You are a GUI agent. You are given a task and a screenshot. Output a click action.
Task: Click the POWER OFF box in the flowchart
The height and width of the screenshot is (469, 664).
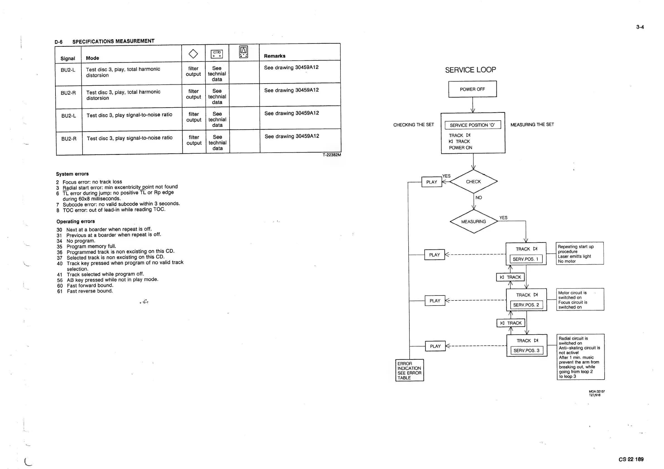472,89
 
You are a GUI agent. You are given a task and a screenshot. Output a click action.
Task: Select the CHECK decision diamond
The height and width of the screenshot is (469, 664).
474,182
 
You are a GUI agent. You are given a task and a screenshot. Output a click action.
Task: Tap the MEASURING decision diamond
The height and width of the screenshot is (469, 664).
474,221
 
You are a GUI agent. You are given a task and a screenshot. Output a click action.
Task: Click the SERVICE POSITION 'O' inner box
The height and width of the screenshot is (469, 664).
472,125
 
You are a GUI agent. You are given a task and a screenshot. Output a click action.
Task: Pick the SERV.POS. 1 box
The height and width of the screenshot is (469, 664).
526,259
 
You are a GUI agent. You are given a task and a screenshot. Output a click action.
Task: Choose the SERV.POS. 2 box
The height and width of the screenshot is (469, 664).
526,305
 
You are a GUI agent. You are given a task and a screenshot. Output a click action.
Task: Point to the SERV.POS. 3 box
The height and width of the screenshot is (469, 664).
527,351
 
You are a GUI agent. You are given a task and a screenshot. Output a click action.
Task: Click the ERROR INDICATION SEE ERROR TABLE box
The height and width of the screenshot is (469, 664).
409,370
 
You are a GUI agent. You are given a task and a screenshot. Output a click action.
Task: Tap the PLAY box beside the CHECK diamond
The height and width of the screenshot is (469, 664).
431,182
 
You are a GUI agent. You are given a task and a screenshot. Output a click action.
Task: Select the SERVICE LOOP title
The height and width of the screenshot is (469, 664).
470,70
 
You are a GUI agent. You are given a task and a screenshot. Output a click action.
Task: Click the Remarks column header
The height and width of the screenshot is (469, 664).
274,56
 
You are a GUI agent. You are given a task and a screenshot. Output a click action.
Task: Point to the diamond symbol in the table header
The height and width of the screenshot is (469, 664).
193,54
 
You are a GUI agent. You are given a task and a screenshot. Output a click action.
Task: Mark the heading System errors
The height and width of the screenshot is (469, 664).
72,174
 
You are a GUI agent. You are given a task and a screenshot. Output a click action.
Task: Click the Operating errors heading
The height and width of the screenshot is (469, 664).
76,221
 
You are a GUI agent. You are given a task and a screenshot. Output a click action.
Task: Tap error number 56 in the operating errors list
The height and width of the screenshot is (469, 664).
60,280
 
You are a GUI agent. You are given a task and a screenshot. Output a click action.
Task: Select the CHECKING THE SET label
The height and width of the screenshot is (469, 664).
414,125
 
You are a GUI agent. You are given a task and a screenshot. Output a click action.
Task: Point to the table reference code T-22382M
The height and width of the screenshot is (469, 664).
332,155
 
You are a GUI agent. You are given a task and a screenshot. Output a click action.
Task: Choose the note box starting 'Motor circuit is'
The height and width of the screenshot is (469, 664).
580,300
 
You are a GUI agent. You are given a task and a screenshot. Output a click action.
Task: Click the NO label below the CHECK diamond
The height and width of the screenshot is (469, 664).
479,198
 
